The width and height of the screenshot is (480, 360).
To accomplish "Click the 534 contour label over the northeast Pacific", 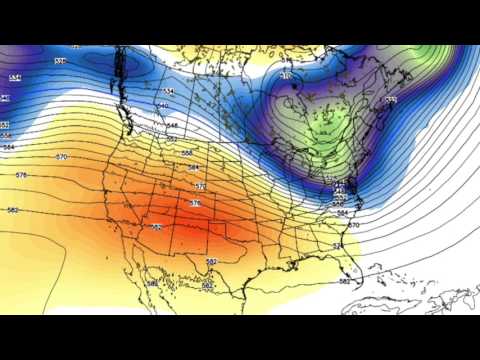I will pos(15,77).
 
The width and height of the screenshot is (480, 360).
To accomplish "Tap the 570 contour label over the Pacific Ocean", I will pos(61,157).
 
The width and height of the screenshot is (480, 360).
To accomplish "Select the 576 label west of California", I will pos(21,175).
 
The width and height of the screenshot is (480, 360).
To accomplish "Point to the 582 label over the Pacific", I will pos(13,210).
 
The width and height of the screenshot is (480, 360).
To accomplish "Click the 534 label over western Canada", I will pos(168,91).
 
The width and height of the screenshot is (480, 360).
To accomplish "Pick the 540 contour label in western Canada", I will pos(162,105).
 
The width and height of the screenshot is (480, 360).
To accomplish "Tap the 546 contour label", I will pos(172,125).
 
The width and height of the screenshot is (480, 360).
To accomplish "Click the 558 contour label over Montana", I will pos(187,153).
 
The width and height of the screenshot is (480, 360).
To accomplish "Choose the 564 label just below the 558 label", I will pos(193,167).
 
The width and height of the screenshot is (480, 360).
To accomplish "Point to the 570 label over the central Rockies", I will pos(200,186).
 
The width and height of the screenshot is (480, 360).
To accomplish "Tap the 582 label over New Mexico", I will pos(157,227).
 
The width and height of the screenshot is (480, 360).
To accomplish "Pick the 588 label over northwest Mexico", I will pos(152,283).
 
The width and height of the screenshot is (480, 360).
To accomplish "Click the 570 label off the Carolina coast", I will pos(353,225).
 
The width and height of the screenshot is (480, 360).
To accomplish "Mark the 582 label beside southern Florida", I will pos(345,281).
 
